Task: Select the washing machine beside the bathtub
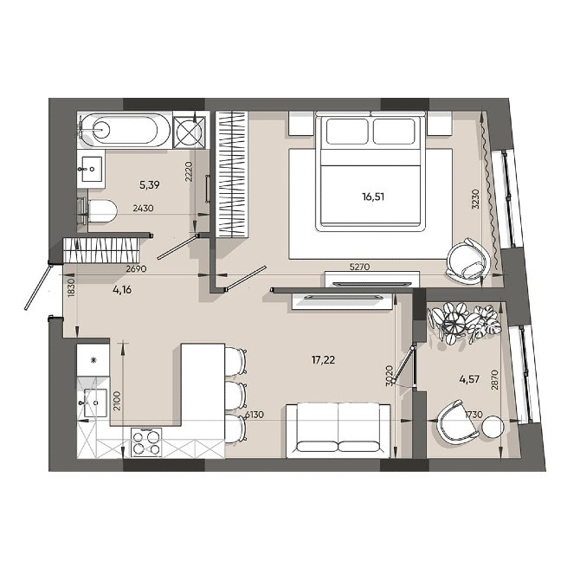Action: pyautogui.click(x=190, y=131)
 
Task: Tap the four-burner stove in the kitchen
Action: pyautogui.click(x=146, y=442)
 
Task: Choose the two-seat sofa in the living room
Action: pyautogui.click(x=337, y=429)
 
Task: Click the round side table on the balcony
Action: pyautogui.click(x=493, y=428)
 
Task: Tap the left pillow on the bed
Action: pyautogui.click(x=346, y=132)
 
